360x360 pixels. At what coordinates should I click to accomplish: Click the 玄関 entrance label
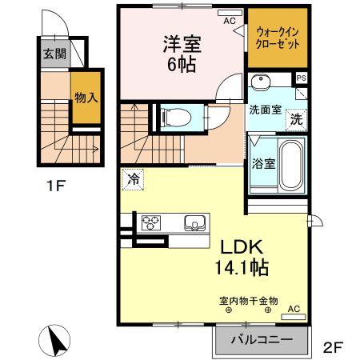(x=54, y=54)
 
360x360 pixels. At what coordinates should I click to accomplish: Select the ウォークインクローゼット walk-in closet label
(x=277, y=37)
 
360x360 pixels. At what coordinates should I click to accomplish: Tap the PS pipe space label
(x=301, y=78)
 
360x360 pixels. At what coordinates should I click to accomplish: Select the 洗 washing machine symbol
(x=296, y=120)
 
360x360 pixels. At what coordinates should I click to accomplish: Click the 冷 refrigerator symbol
(x=133, y=179)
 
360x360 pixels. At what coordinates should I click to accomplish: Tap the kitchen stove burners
(x=152, y=222)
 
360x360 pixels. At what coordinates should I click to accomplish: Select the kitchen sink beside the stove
(x=194, y=222)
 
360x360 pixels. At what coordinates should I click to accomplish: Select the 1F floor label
(x=54, y=190)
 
